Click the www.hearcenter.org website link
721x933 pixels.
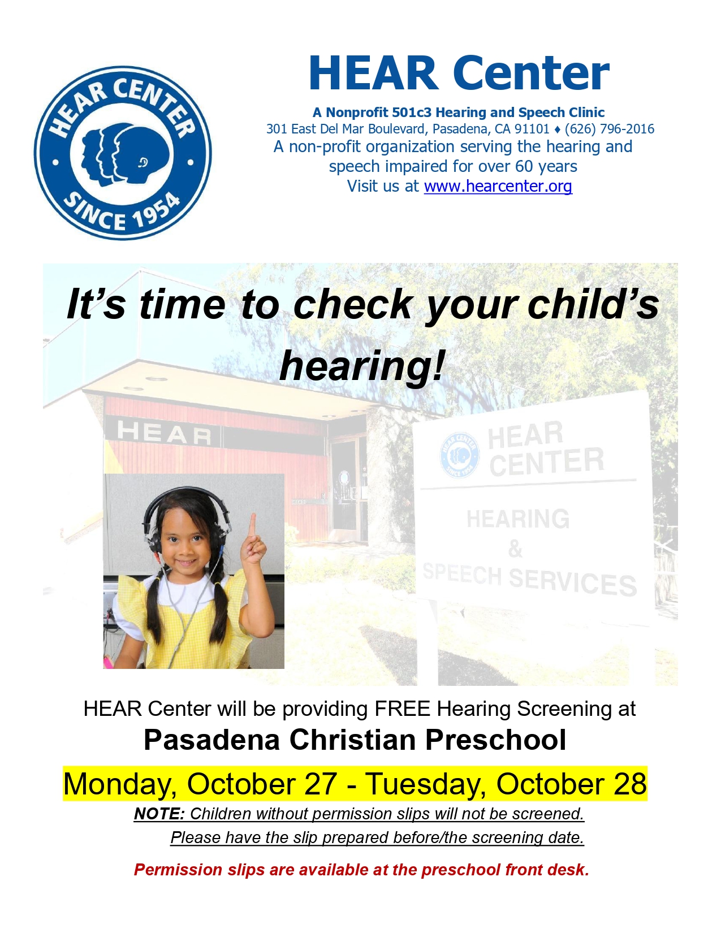(x=498, y=187)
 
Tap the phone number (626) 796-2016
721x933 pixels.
(x=610, y=129)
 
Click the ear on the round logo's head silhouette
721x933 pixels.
(x=143, y=162)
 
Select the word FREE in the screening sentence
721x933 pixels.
(x=403, y=709)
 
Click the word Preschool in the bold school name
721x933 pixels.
(x=495, y=740)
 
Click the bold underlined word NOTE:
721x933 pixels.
(x=159, y=814)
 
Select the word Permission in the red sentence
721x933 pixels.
(x=178, y=870)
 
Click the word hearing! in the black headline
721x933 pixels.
(x=361, y=366)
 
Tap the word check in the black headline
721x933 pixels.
(x=353, y=304)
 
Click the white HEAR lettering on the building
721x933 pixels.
(x=165, y=433)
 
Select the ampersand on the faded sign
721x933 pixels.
(x=515, y=549)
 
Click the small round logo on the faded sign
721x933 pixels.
(x=460, y=455)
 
